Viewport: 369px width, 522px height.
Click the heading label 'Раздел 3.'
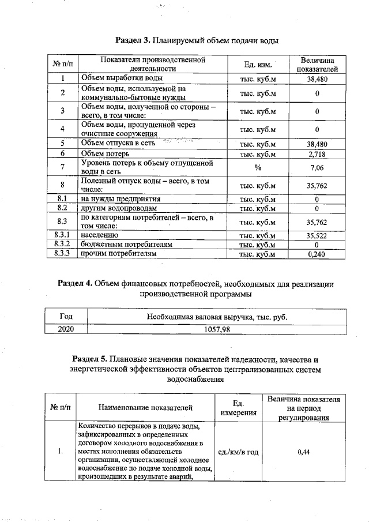click(x=133, y=41)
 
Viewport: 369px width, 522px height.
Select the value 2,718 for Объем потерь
click(x=317, y=154)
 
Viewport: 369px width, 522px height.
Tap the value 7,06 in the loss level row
click(x=317, y=167)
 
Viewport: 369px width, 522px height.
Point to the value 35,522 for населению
click(x=317, y=235)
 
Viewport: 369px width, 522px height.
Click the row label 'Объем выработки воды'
click(x=121, y=78)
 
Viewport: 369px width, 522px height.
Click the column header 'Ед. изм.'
click(x=258, y=64)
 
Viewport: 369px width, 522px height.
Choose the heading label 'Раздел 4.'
click(x=75, y=284)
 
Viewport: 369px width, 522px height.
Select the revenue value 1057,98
click(x=216, y=329)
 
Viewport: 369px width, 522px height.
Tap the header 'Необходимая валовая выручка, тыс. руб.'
click(x=216, y=317)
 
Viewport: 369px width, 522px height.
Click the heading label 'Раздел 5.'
click(x=91, y=359)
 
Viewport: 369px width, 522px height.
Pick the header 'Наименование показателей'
click(x=145, y=408)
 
